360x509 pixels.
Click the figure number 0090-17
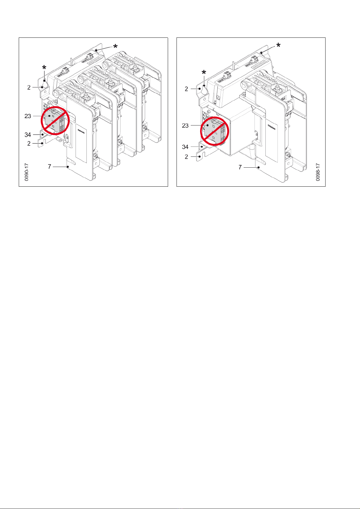tap(27, 172)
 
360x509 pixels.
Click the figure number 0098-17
tap(318, 172)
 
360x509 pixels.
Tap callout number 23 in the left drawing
tap(28, 116)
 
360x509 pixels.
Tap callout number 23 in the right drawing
tap(185, 125)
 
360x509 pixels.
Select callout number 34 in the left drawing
tap(28, 135)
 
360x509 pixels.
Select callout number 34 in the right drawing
tap(185, 147)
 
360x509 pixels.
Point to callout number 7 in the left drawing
tap(50, 166)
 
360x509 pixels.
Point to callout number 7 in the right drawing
tap(240, 167)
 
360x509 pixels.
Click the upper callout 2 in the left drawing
tap(29, 87)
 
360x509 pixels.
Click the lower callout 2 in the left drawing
tap(29, 143)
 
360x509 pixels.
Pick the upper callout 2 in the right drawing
tap(186, 89)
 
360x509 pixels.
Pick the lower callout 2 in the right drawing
tap(186, 157)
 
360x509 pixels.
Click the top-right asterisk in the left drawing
tap(115, 47)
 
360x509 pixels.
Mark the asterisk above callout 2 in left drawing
tap(44, 68)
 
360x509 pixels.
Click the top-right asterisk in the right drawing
tap(278, 45)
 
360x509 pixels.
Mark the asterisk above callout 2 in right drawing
tap(204, 72)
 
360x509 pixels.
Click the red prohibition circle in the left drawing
tap(55, 120)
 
